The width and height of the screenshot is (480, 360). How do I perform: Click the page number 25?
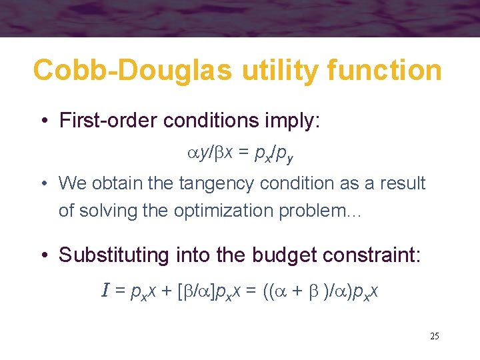434,336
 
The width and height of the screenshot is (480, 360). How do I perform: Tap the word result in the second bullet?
403,183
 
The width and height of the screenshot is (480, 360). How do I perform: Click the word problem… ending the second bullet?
327,211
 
